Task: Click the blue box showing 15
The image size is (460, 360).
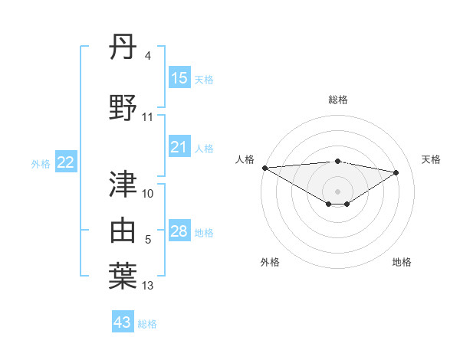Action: (x=179, y=78)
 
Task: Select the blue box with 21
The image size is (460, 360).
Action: (x=179, y=147)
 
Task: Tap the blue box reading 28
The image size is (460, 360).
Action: (x=179, y=231)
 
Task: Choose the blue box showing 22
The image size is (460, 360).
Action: (x=66, y=162)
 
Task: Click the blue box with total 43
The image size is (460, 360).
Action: (x=123, y=322)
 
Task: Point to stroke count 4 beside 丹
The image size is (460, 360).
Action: (x=148, y=56)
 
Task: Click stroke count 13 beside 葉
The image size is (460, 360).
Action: (x=149, y=286)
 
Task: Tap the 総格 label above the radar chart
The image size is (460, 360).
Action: (x=338, y=100)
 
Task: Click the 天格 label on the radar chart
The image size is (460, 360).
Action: (x=432, y=159)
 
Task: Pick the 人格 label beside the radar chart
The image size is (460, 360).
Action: (x=244, y=159)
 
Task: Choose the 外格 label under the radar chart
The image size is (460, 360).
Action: (x=270, y=263)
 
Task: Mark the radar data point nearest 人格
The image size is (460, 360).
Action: (x=264, y=168)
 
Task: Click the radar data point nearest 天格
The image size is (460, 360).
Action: (x=396, y=172)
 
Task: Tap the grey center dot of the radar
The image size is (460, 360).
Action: (x=337, y=191)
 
